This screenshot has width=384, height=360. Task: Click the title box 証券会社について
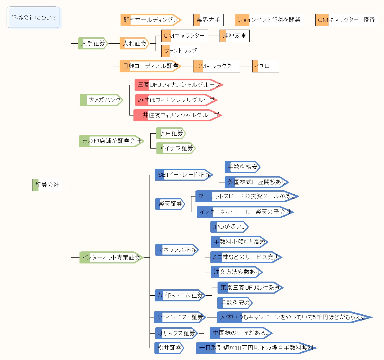(x=34, y=18)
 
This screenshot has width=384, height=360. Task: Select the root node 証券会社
(x=47, y=185)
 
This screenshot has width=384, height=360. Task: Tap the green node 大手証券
(x=93, y=43)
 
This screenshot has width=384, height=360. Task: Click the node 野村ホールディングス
(x=151, y=20)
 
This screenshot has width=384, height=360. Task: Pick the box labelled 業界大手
(x=208, y=20)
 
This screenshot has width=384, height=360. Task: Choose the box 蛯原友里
(x=234, y=36)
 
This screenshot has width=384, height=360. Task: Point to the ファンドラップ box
(x=180, y=51)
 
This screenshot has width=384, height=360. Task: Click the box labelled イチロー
(x=265, y=66)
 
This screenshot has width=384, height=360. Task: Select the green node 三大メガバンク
(x=102, y=100)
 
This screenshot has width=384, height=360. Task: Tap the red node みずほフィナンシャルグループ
(x=176, y=100)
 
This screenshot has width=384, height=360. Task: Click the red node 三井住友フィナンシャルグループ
(x=177, y=115)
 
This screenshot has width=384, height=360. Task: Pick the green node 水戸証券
(x=171, y=133)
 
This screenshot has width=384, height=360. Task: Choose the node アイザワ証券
(x=176, y=148)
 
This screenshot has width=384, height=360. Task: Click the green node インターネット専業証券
(x=111, y=257)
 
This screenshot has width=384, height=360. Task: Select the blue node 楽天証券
(x=170, y=204)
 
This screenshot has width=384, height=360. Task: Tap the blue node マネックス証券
(x=177, y=250)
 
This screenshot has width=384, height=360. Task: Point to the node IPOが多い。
(x=229, y=227)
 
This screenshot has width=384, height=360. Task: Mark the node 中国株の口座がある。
(x=241, y=333)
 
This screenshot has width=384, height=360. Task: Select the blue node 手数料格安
(x=242, y=167)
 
